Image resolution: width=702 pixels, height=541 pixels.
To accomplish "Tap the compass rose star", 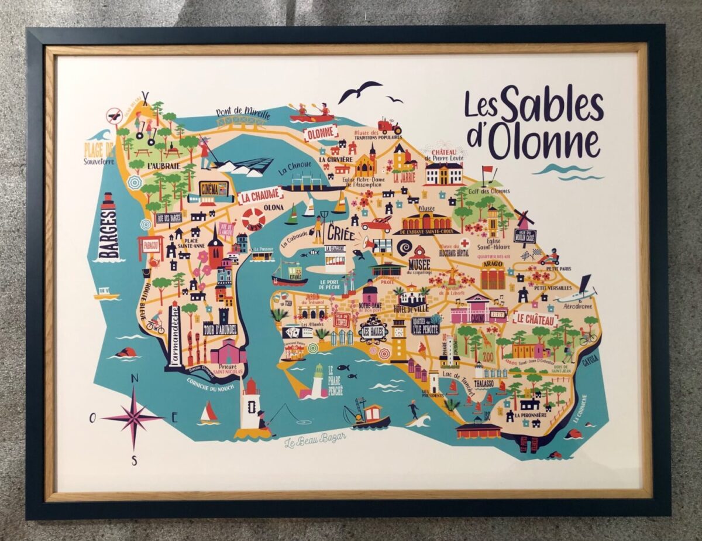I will pyautogui.click(x=133, y=417).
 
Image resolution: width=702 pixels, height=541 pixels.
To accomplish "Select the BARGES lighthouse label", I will pyautogui.click(x=109, y=233).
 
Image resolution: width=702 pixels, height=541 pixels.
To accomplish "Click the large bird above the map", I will pyautogui.click(x=359, y=91).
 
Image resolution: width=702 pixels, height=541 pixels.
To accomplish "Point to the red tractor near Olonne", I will pyautogui.click(x=389, y=125).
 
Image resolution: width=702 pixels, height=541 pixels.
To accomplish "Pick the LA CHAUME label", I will pyautogui.click(x=260, y=196).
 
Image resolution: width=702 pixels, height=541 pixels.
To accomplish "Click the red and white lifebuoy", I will pyautogui.click(x=253, y=218).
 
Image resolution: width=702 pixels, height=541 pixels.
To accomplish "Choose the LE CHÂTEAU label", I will pyautogui.click(x=535, y=320).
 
